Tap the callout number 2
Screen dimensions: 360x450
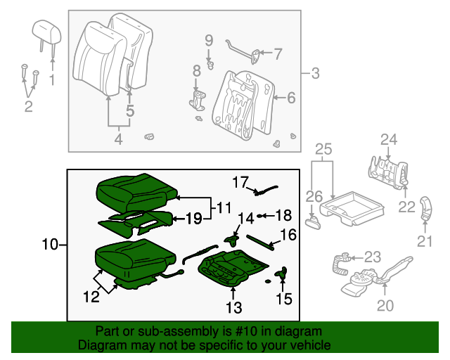pos(28,107)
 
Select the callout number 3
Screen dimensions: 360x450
pos(314,72)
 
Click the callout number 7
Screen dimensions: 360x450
pos(277,53)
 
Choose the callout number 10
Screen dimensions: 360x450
pos(49,245)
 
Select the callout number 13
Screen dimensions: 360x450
pos(233,307)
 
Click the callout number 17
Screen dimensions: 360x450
pos(240,182)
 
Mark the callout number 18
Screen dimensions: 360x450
pos(282,214)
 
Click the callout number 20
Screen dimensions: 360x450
pos(385,306)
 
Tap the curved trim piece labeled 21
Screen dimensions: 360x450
pos(426,210)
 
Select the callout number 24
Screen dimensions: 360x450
pos(389,139)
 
